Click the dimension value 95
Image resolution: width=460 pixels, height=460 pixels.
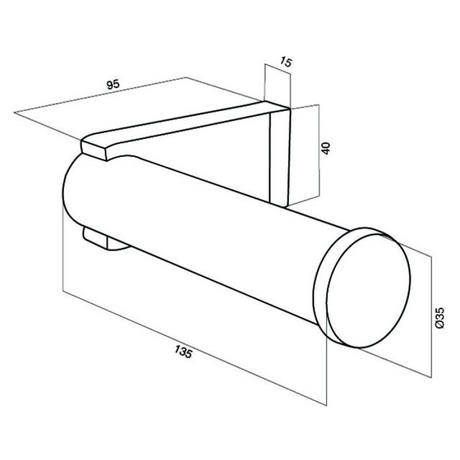[x=113, y=84]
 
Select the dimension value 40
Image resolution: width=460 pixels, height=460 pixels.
[x=326, y=148]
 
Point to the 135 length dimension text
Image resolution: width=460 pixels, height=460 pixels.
[x=183, y=352]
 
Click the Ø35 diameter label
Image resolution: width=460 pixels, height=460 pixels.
[x=439, y=318]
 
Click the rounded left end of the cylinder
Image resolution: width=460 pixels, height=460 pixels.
[x=69, y=191]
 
